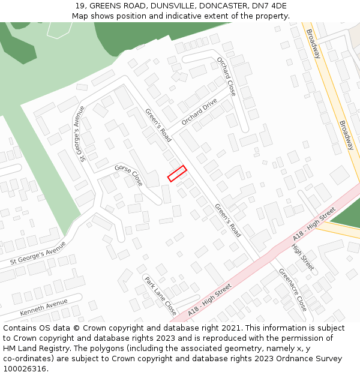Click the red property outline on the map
click(177, 173)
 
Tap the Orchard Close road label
click(226, 76)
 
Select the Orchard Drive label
click(199, 112)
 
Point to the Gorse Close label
click(129, 175)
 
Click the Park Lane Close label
click(160, 296)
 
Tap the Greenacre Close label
click(293, 289)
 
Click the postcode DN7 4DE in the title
click(271, 6)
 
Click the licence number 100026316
click(26, 369)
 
